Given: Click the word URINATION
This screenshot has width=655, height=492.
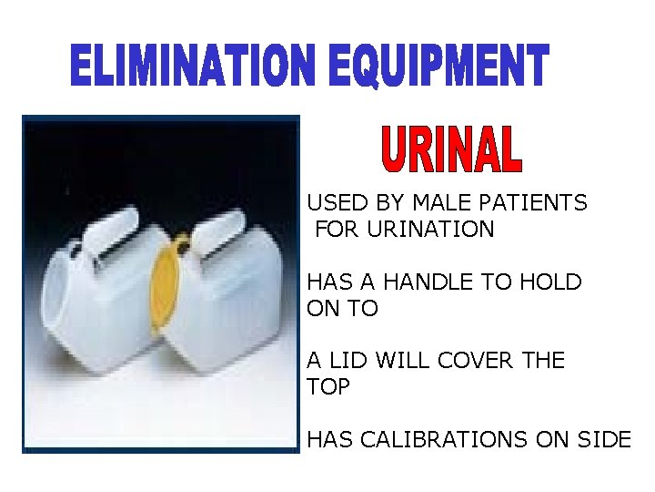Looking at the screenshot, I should point(431,229).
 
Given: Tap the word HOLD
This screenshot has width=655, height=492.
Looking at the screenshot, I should point(549,282).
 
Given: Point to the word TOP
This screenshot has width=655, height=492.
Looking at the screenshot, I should point(329,387).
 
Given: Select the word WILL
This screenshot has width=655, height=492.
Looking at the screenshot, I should point(401,361).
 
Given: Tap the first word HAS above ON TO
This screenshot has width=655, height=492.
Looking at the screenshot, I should point(329,282).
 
